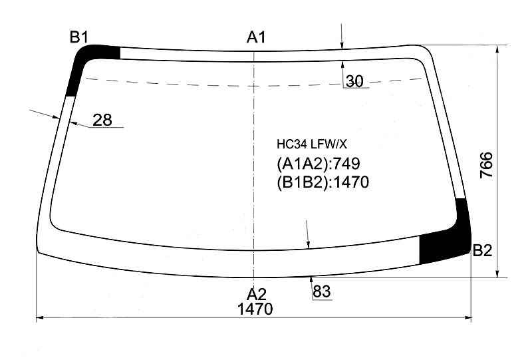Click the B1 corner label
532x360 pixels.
click(x=79, y=37)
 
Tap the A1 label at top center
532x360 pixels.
click(x=256, y=37)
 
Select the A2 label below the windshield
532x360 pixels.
click(x=257, y=294)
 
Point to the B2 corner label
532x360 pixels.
click(x=482, y=251)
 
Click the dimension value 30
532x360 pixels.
click(x=354, y=81)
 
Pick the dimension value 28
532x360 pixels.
click(x=102, y=120)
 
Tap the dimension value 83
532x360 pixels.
click(x=322, y=291)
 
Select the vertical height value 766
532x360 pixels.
click(x=486, y=165)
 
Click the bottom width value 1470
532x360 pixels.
click(x=255, y=309)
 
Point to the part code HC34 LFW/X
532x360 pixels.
click(x=312, y=144)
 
